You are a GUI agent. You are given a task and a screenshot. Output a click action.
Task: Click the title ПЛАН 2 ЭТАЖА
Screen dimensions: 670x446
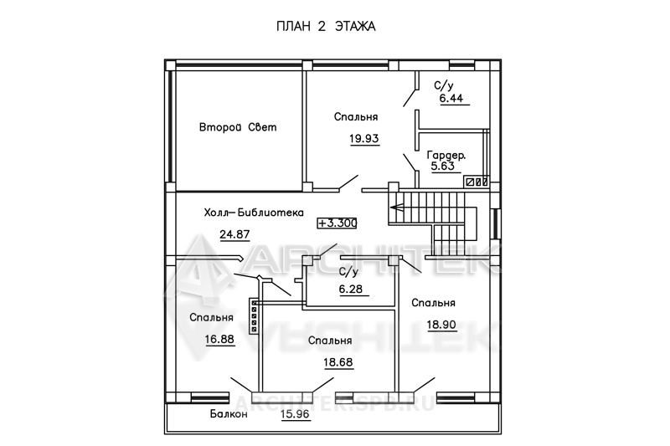326,27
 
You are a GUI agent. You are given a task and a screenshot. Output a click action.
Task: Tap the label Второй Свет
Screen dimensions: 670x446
238,127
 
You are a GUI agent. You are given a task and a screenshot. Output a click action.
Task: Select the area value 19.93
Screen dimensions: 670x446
364,138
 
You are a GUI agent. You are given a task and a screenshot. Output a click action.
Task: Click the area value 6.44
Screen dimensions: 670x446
451,98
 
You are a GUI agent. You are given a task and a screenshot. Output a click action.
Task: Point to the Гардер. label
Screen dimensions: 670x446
446,156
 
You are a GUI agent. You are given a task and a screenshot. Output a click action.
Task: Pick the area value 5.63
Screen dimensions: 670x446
443,166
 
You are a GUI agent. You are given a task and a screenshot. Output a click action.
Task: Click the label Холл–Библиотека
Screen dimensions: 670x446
254,213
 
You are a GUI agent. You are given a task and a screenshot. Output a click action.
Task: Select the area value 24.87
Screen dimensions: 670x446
234,234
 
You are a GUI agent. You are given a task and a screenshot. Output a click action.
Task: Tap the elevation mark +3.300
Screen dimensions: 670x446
338,223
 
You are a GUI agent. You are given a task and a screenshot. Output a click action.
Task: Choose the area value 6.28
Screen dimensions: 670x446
351,289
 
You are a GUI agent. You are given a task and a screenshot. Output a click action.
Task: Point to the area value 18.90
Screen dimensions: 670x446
441,325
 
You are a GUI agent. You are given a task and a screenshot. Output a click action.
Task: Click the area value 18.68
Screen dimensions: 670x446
338,362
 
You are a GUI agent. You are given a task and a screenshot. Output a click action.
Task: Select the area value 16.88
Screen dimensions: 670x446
219,339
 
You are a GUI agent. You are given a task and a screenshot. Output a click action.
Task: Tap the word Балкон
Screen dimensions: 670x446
229,414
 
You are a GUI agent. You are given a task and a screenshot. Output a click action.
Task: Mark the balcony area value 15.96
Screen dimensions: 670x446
296,414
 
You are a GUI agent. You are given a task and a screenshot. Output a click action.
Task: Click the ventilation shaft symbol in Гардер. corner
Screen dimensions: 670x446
477,182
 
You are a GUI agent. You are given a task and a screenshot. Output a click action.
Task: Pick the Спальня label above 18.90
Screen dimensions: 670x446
433,303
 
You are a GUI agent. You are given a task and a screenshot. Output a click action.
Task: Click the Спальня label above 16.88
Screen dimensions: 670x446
212,317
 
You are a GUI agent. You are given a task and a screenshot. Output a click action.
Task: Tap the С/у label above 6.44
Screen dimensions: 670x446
444,86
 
